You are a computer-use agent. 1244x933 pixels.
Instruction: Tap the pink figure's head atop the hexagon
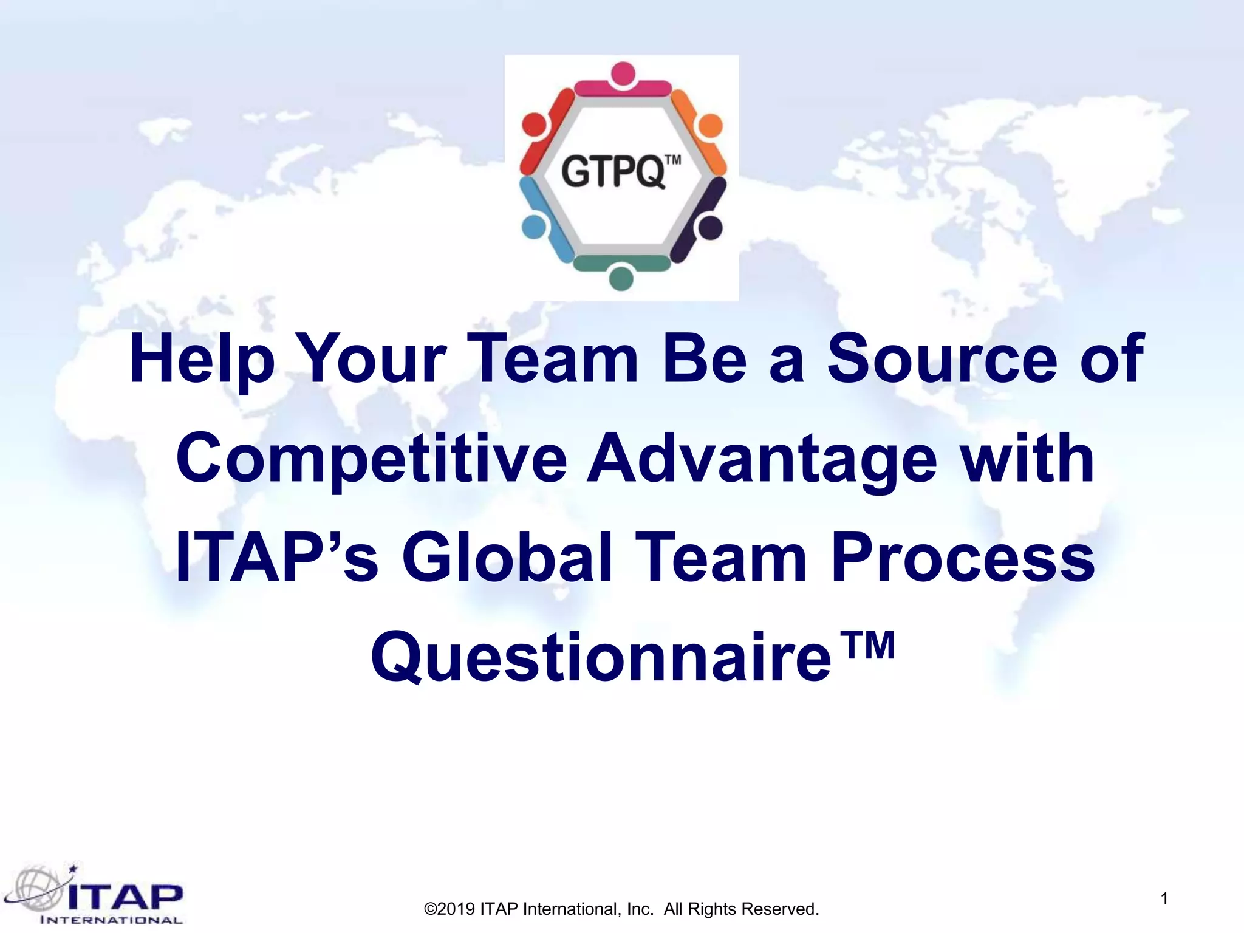(623, 73)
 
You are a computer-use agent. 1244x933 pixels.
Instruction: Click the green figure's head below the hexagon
(621, 278)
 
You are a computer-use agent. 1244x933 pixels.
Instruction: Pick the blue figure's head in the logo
(533, 227)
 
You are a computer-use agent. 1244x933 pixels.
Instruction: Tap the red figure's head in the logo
(533, 124)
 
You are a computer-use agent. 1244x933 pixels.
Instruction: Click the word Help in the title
(202, 360)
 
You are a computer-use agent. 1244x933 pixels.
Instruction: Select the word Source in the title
(942, 360)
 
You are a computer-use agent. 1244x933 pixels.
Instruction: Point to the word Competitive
(371, 459)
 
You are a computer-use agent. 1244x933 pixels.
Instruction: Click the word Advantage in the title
(762, 459)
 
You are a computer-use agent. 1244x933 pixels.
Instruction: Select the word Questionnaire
(601, 657)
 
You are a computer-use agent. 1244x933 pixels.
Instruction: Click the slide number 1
(1164, 898)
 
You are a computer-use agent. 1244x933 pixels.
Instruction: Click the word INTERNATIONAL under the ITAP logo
(111, 920)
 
